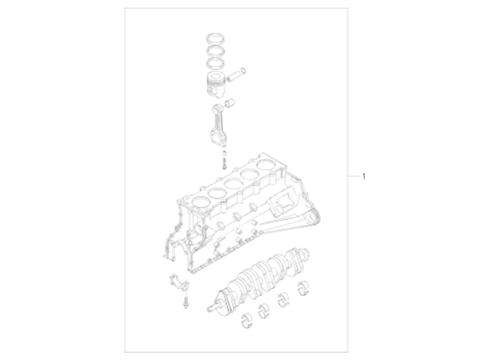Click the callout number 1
(x=362, y=175)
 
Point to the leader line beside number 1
(x=351, y=175)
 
